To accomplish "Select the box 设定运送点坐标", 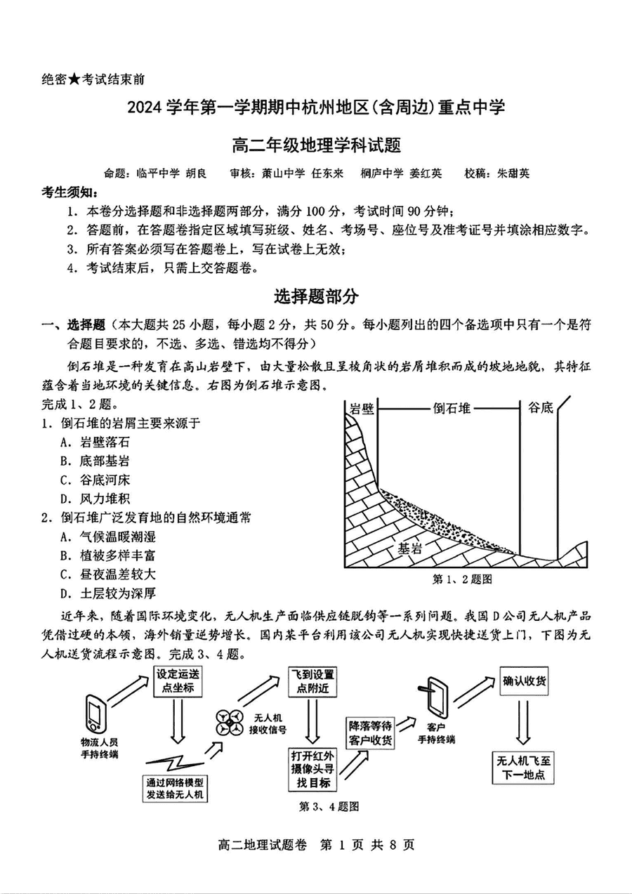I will point(178,680).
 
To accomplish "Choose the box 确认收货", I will point(526,679).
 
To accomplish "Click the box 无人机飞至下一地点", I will point(525,768).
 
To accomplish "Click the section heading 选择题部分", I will point(316,296).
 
